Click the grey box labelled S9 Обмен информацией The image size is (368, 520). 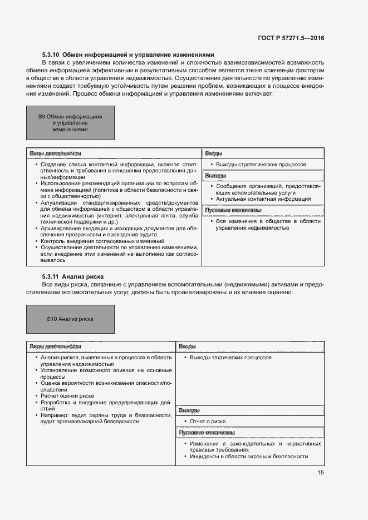(x=70, y=123)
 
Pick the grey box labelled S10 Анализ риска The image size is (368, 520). (x=70, y=319)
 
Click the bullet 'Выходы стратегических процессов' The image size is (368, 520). (x=261, y=165)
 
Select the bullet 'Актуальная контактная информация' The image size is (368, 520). (x=263, y=199)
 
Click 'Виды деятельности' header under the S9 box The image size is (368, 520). (x=55, y=153)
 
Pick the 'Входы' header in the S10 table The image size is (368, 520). (x=187, y=346)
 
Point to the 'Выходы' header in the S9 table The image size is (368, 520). (x=215, y=176)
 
